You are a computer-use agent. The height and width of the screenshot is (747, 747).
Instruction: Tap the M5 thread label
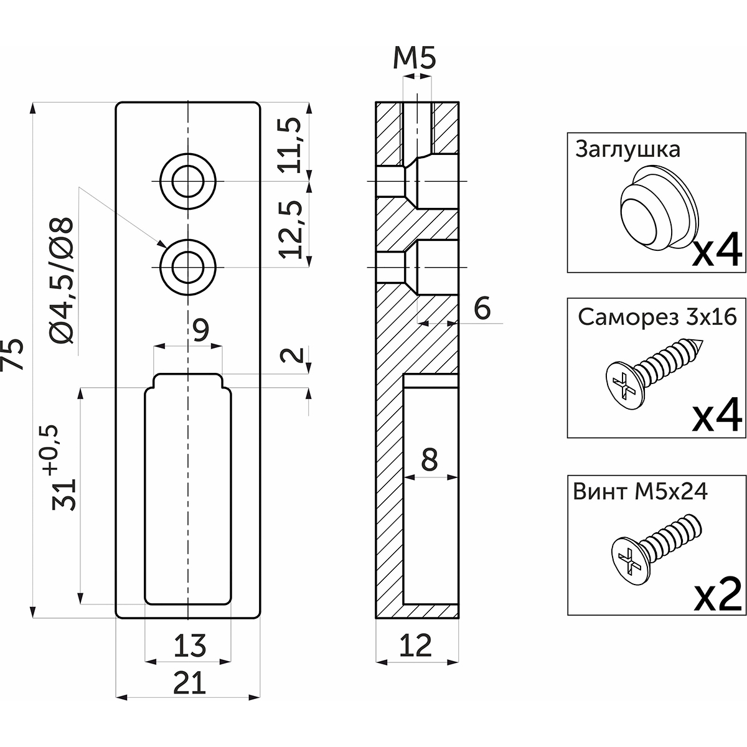click(415, 60)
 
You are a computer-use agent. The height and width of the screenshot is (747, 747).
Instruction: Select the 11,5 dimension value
click(292, 144)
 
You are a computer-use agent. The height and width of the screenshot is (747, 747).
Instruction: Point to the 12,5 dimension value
click(292, 229)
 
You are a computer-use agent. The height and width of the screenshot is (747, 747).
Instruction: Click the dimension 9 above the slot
click(200, 331)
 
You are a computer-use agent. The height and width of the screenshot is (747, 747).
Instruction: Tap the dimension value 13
click(190, 646)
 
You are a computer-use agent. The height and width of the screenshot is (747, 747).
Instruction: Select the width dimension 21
click(189, 684)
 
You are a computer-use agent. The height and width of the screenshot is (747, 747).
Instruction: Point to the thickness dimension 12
click(416, 647)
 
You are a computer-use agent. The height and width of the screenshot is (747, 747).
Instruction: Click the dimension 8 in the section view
click(429, 461)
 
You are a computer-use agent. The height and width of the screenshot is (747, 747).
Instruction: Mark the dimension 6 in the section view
click(481, 308)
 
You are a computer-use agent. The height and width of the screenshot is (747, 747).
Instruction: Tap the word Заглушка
click(627, 149)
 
